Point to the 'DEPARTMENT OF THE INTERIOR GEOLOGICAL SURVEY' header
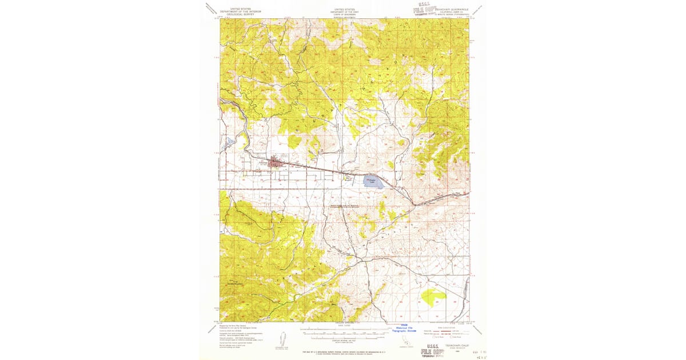click(241, 12)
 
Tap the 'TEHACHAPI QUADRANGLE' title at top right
click(452, 9)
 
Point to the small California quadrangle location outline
click(406, 341)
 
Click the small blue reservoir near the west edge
click(229, 141)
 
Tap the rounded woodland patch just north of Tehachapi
click(295, 141)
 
